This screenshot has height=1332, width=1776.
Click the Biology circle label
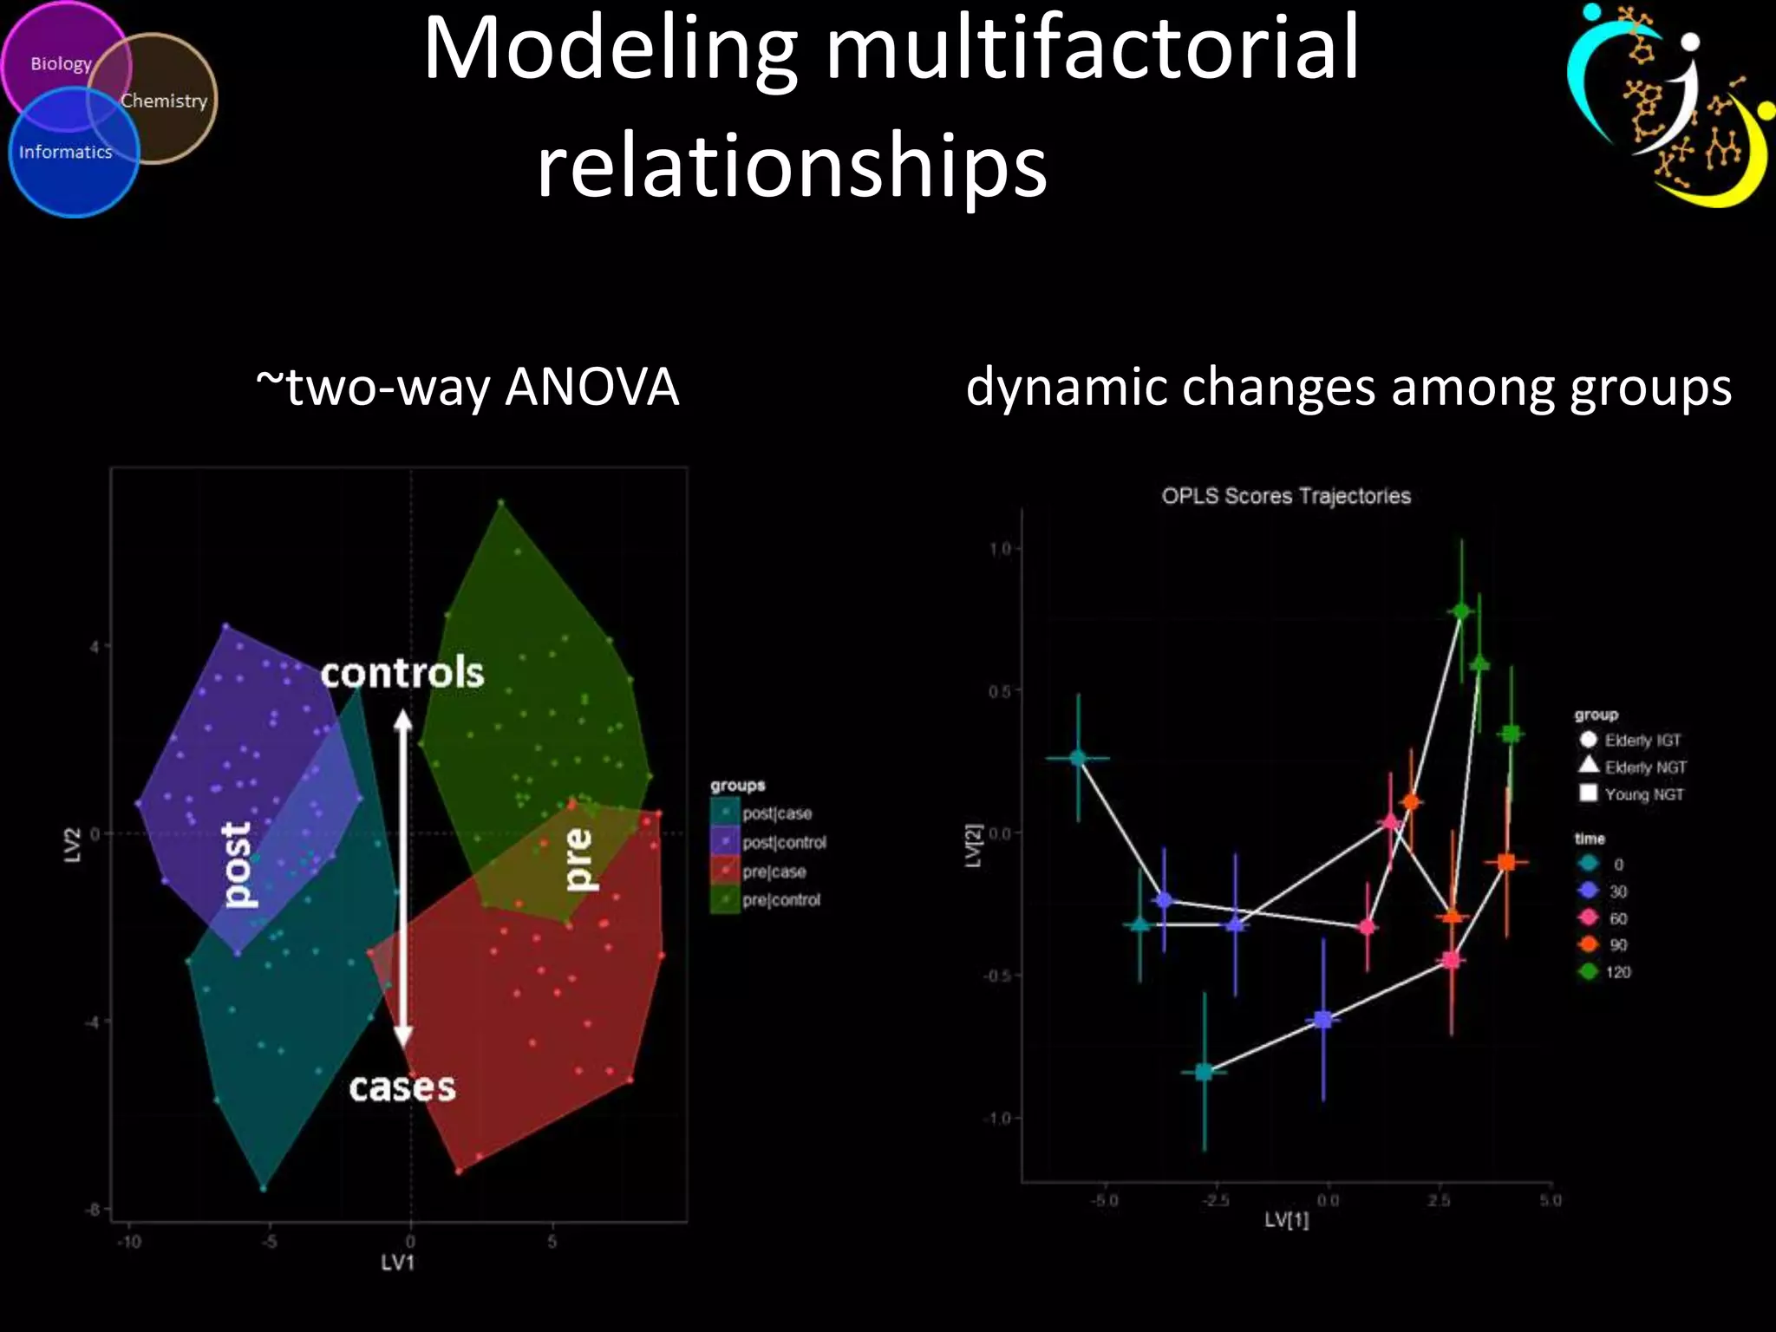coord(61,64)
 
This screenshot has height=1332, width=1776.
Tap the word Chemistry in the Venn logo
coord(164,101)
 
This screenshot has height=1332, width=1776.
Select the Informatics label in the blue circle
coord(66,153)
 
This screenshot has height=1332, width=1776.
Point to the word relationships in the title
coord(792,165)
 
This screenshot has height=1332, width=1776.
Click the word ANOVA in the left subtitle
coord(591,387)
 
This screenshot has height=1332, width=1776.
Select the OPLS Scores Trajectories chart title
coord(1286,496)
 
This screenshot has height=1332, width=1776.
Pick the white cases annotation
coord(402,1087)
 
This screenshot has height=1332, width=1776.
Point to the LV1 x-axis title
coord(398,1263)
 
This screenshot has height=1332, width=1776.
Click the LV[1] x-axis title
coord(1286,1220)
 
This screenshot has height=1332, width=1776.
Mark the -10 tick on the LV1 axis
coord(129,1242)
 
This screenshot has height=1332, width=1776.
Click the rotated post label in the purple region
coord(236,865)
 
